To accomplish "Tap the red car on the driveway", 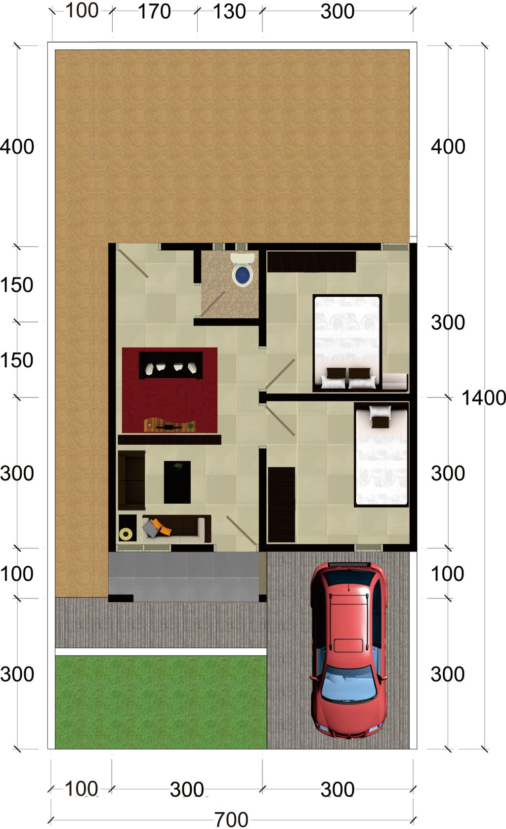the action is [348, 651].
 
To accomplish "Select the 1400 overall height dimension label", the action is [483, 398].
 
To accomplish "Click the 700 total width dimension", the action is [232, 820].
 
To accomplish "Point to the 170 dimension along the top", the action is [155, 11].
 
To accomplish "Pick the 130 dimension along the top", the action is [229, 11].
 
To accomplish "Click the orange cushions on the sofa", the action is [162, 527].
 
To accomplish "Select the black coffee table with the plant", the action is [177, 482].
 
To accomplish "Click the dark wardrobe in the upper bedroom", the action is [311, 261].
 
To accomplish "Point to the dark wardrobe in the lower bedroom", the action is [282, 505].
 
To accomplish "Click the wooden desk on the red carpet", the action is [169, 425].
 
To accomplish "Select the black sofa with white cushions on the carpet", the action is [171, 365].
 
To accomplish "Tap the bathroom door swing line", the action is [212, 304].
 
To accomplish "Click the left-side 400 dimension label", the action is [17, 147].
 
